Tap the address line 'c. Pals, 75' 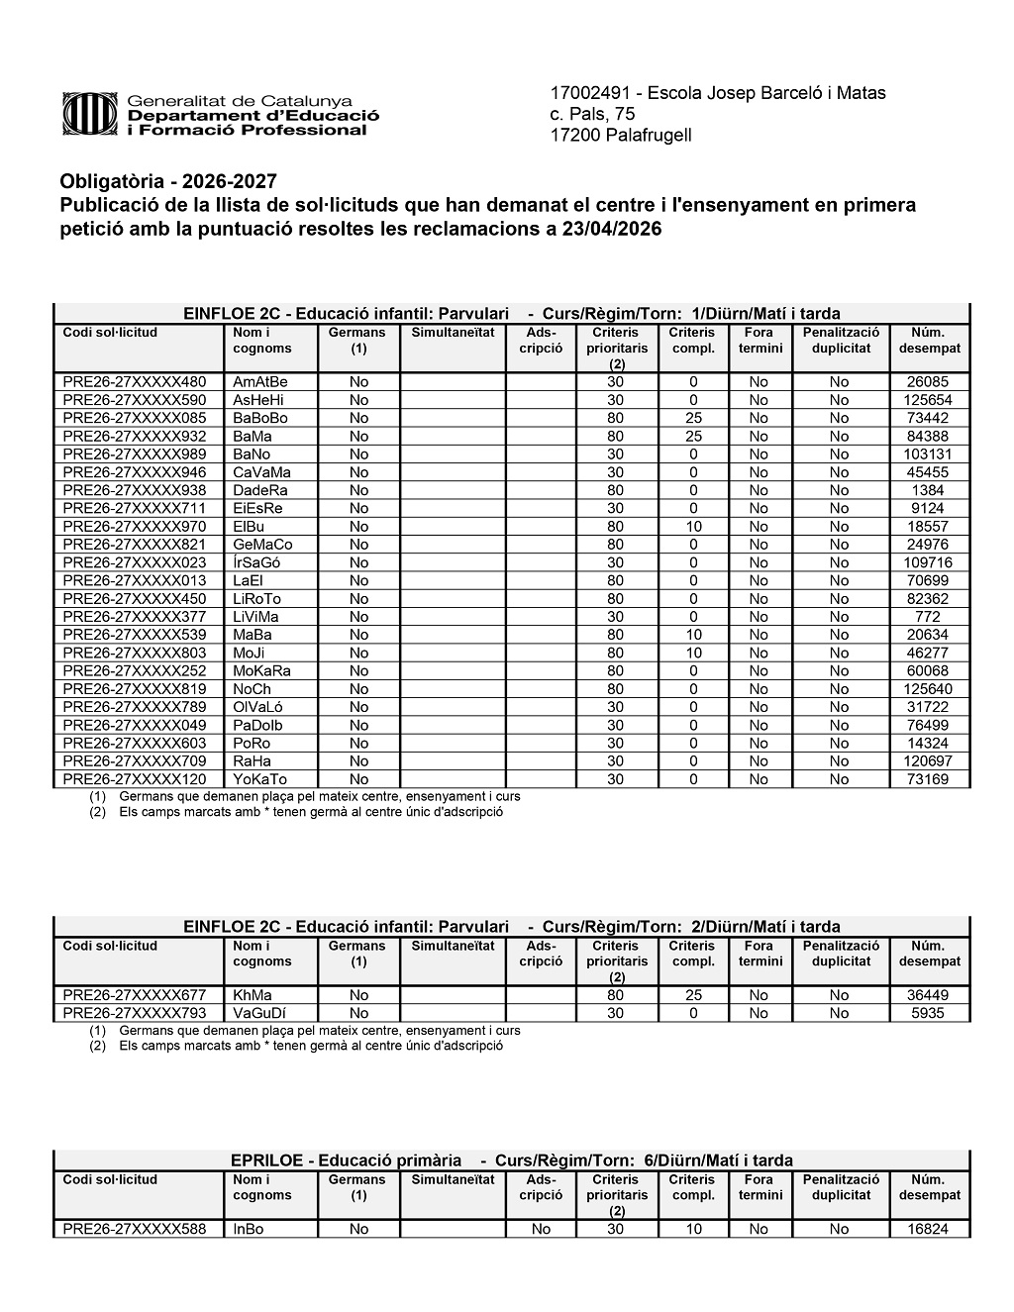click(x=592, y=114)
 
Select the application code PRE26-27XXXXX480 click(x=135, y=382)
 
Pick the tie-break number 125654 click(x=927, y=400)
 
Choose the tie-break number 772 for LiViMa click(x=927, y=617)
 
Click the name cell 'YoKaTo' click(x=259, y=779)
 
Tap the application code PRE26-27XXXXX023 click(x=135, y=562)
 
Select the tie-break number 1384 click(x=927, y=490)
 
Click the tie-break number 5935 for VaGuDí click(x=927, y=1013)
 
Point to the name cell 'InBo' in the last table click(x=248, y=1229)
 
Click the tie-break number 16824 click(x=927, y=1229)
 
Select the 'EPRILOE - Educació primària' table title click(x=346, y=1161)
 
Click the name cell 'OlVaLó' click(x=256, y=707)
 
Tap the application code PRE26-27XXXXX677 click(x=135, y=995)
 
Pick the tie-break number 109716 click(x=927, y=562)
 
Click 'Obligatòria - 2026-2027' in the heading click(x=168, y=182)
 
